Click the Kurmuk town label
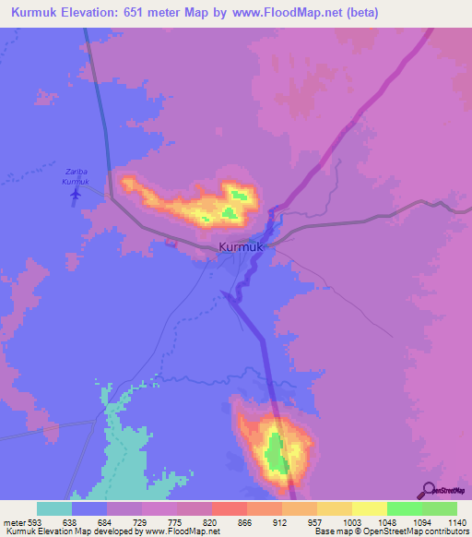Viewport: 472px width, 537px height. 242,247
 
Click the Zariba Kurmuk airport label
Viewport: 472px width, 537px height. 76,176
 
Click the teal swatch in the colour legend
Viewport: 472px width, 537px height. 54,508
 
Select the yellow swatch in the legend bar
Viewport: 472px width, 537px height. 369,508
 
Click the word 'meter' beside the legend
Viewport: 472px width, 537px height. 13,521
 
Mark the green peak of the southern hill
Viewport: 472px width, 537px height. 273,452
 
